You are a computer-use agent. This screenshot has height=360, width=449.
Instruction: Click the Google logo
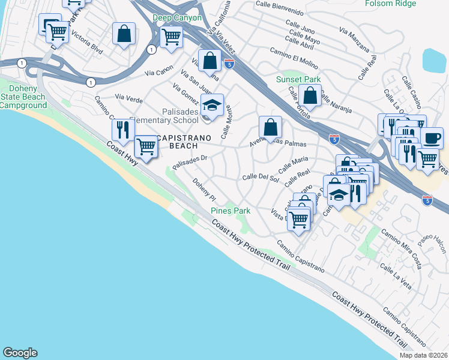20,353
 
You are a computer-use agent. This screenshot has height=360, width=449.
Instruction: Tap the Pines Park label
230,211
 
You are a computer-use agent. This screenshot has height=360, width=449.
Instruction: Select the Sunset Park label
298,79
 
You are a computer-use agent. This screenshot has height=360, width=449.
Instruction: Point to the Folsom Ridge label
390,4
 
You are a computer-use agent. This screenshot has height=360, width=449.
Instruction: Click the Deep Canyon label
177,18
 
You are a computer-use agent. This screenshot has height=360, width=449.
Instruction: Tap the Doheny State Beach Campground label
23,97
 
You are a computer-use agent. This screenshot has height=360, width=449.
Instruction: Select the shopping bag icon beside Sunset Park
310,95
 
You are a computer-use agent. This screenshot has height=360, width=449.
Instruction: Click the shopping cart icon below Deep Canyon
172,36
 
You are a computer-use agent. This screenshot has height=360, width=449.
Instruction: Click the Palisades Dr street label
189,162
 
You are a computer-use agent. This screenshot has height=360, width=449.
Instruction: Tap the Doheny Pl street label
204,189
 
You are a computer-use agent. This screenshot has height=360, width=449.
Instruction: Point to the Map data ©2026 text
424,355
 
